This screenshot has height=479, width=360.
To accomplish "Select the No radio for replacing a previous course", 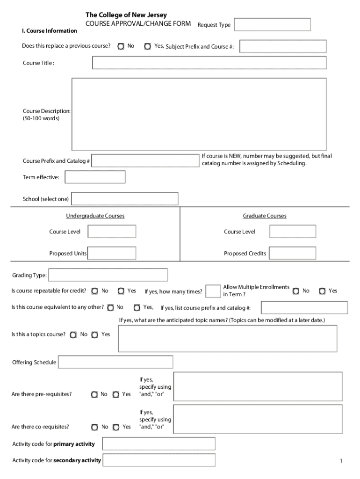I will tap(121, 46).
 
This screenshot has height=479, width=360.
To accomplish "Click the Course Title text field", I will tap(209, 63).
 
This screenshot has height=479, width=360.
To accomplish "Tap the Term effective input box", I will tap(95, 177).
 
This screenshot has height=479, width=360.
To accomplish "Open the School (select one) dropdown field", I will tap(124, 199).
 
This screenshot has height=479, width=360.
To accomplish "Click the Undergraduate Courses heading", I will tap(95, 216).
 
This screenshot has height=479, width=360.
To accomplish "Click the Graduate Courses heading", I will tap(264, 216).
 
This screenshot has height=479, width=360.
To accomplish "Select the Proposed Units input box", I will tap(112, 253).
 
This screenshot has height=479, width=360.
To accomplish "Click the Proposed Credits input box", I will tap(292, 253).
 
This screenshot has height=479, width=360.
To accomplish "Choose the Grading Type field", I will tap(108, 275).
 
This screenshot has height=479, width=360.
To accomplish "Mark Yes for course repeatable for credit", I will tap(121, 291).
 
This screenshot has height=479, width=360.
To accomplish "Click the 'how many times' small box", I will tap(213, 291).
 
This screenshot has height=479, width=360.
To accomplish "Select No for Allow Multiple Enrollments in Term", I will tap(296, 291).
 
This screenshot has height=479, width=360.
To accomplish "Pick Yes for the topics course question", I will tap(95, 334).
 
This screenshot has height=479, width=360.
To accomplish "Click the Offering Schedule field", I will tap(115, 362).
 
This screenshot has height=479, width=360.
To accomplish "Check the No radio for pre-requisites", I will tap(94, 394).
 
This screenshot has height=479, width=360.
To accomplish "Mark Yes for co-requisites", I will tap(116, 427).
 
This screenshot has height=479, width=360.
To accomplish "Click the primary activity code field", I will tap(158, 443).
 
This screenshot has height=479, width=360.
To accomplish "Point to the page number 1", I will tap(341, 461).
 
